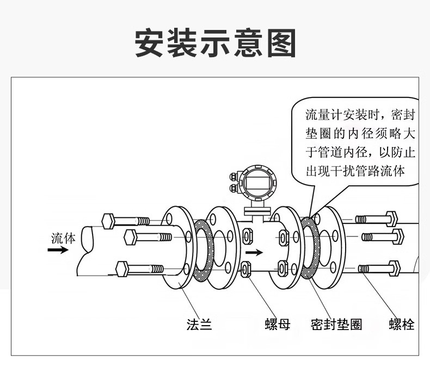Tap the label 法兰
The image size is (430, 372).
(x=199, y=325)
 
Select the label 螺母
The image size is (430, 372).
(x=278, y=325)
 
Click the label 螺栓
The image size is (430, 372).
(x=402, y=325)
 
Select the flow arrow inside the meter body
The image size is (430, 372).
(x=254, y=253)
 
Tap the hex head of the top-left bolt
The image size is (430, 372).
(x=107, y=221)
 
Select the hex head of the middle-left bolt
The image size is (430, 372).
(x=131, y=236)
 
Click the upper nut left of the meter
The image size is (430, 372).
(x=248, y=236)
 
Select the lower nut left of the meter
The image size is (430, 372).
(x=245, y=268)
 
